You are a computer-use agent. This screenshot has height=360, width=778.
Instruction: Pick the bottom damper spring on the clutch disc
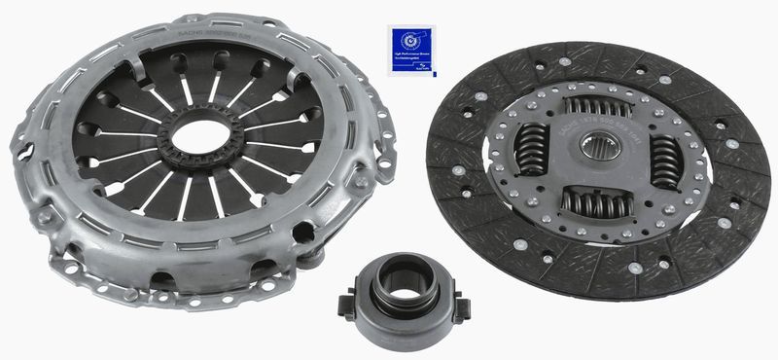coord(593,201)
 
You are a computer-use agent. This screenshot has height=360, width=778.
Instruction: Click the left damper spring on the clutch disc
coord(533,151)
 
